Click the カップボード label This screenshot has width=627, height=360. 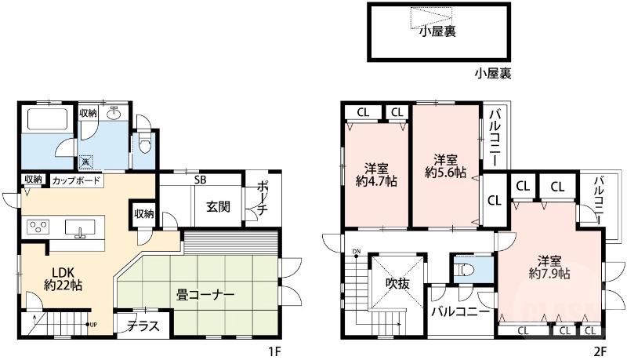pos(76,181)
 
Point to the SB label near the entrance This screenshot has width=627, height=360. pos(201,180)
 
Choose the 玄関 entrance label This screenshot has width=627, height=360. pos(218,207)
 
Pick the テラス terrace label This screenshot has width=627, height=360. pos(143,325)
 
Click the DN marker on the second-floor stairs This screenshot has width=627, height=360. pos(357,252)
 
